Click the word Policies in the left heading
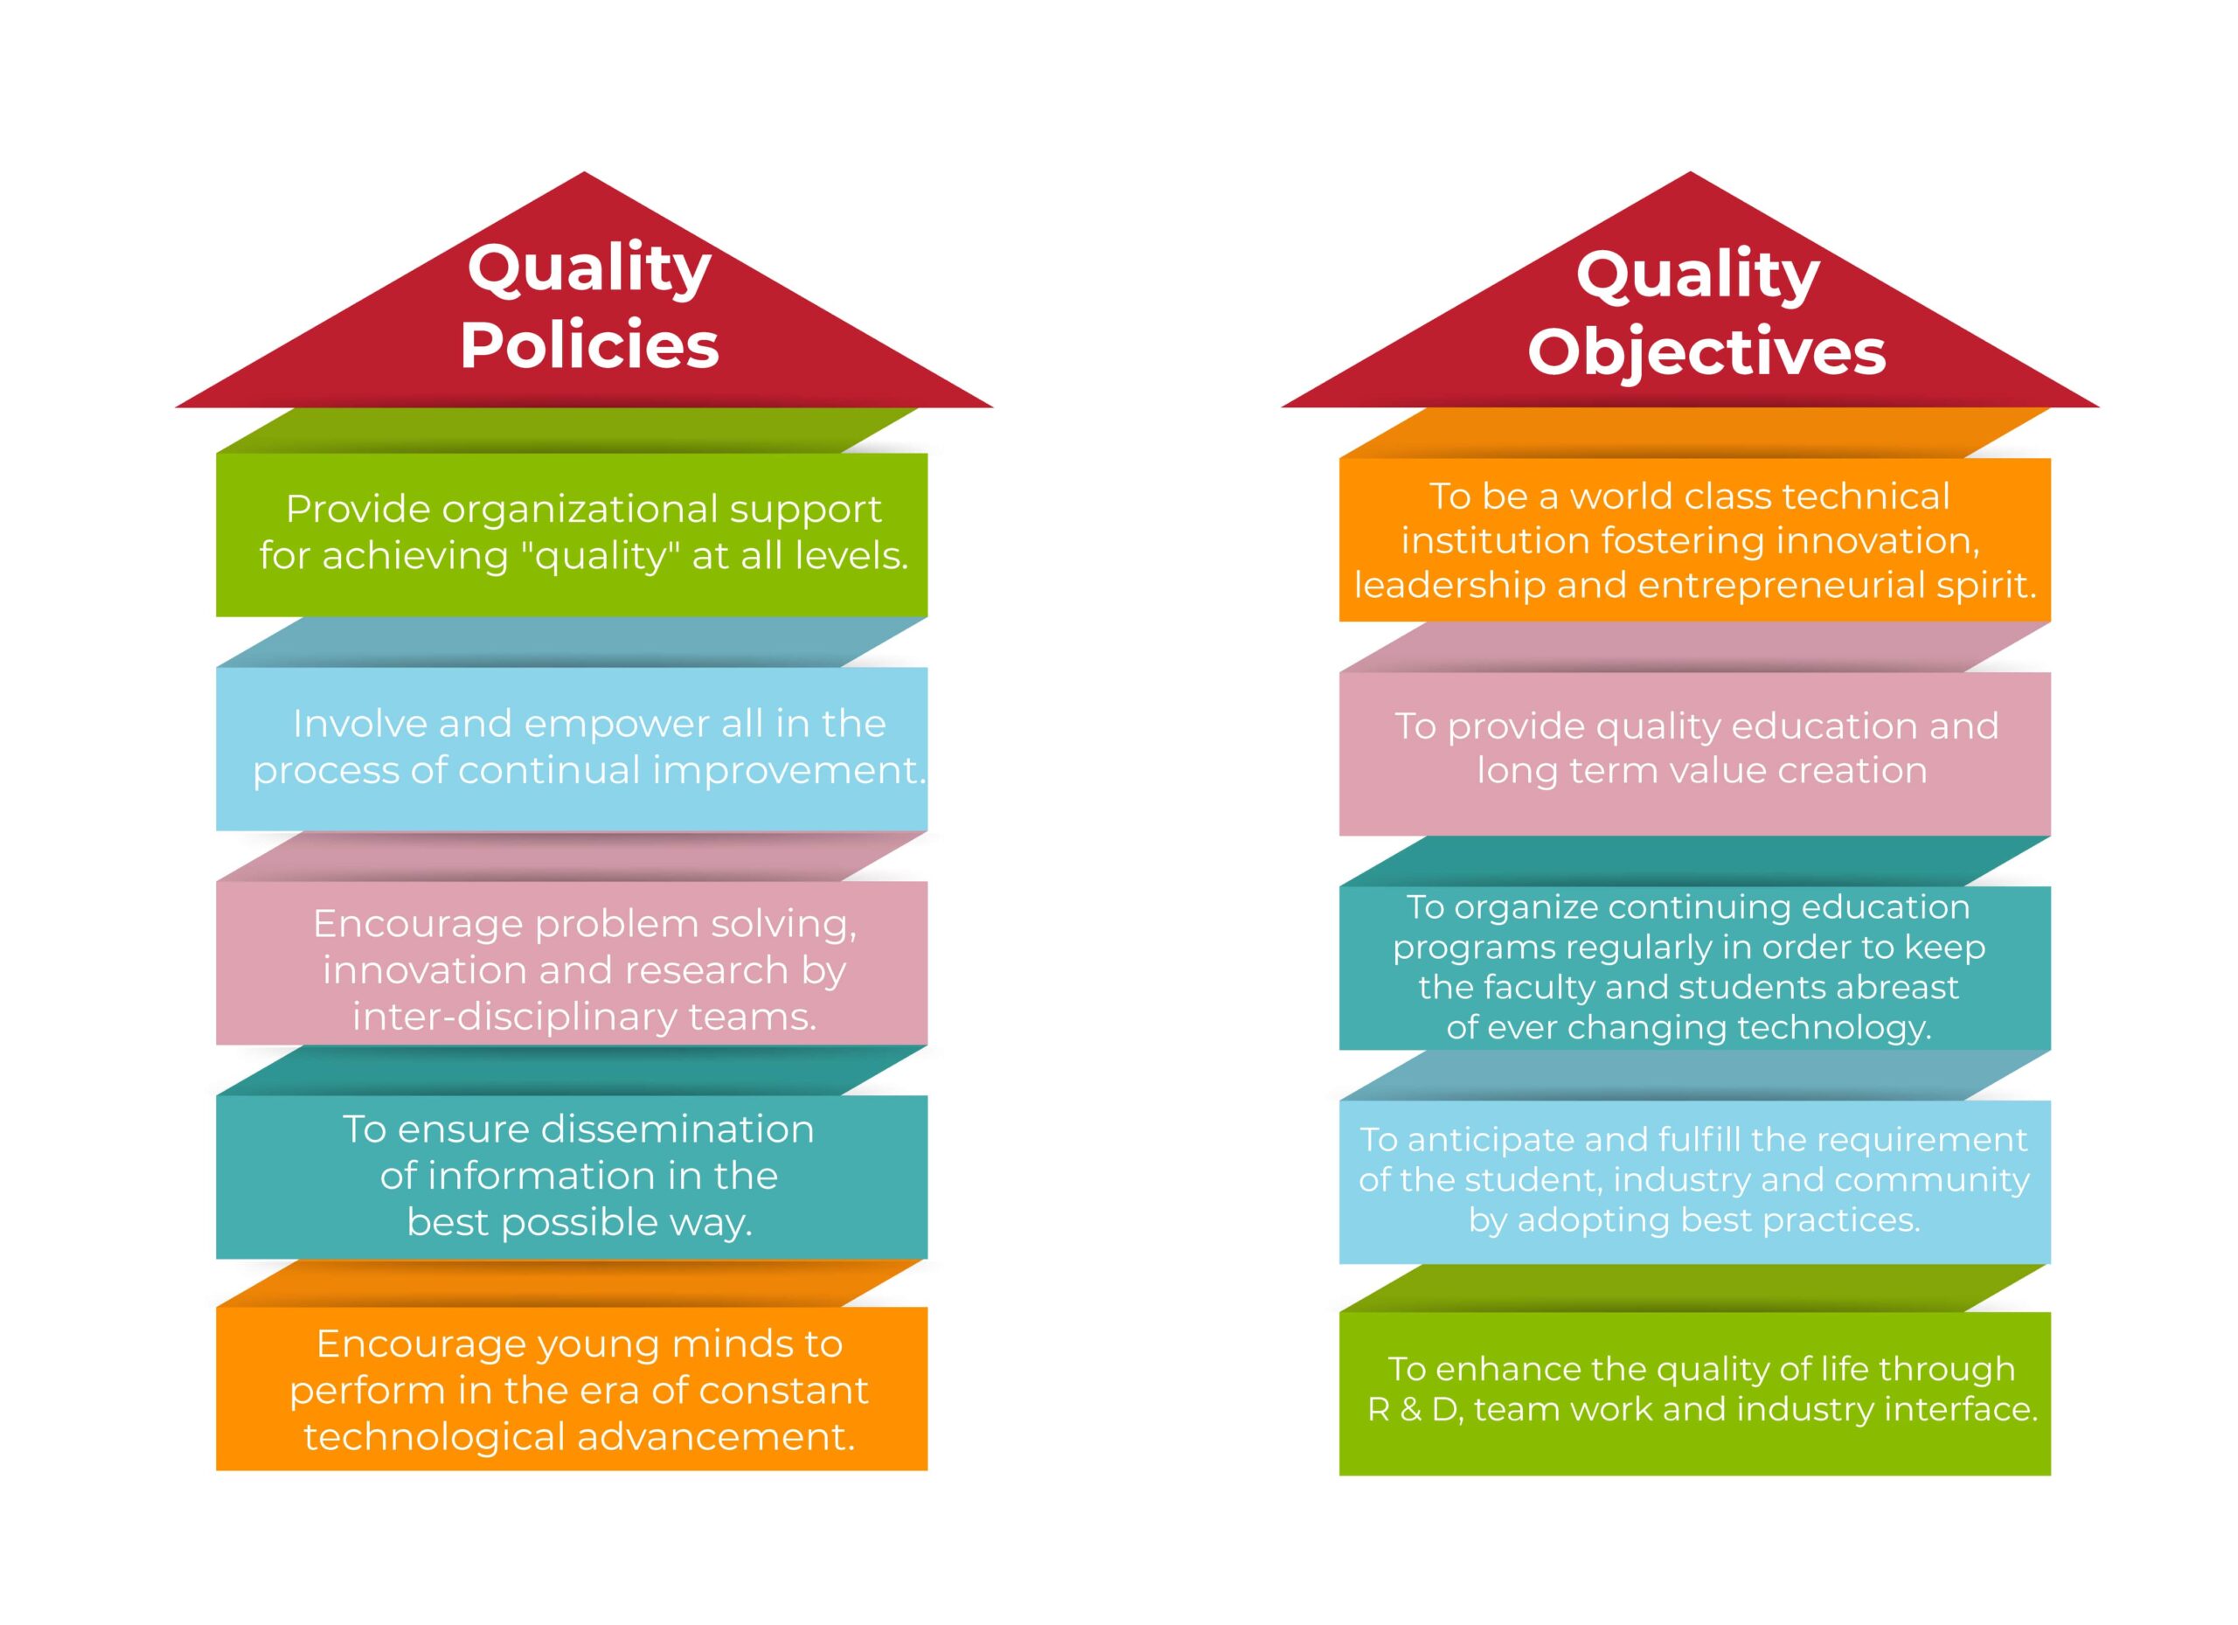(589, 345)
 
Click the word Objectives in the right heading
(1706, 352)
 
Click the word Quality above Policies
(589, 270)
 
